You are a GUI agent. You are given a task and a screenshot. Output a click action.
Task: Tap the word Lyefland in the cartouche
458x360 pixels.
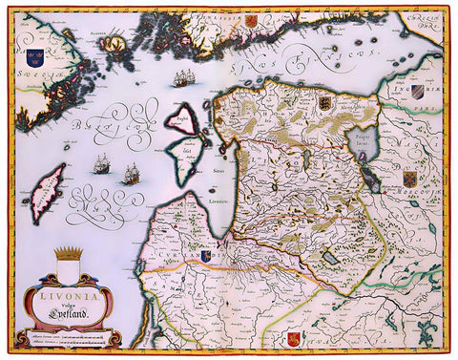pyautogui.click(x=76, y=312)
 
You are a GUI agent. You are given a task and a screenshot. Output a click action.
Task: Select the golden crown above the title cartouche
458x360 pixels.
pyautogui.click(x=69, y=254)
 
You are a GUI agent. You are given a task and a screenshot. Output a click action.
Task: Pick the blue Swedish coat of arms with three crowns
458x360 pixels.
pyautogui.click(x=35, y=59)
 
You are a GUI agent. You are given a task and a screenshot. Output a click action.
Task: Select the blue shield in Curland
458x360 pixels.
pyautogui.click(x=206, y=256)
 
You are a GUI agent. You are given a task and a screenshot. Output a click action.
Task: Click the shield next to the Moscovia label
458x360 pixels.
pyautogui.click(x=409, y=179)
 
